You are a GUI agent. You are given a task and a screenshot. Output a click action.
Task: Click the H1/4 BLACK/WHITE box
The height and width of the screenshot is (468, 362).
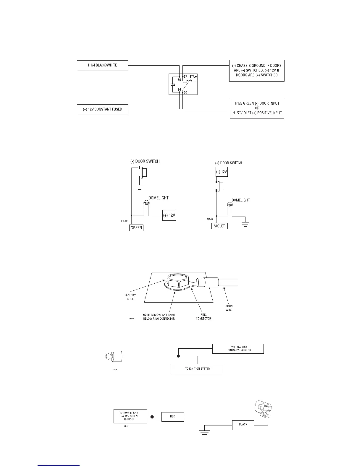pos(102,66)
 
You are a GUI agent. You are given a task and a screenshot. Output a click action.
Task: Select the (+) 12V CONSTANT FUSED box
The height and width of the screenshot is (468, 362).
pos(102,110)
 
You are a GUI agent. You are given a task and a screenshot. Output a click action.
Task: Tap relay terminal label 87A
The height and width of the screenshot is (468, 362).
pos(192,77)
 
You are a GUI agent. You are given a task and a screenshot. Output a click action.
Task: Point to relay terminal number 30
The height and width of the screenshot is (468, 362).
pos(185,92)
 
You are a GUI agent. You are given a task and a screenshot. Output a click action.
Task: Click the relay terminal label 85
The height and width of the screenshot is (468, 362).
pos(179,80)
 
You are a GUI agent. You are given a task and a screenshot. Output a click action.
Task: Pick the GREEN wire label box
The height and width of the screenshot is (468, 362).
pos(136,228)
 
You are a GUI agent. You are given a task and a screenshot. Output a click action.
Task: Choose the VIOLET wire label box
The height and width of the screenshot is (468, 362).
pos(219,226)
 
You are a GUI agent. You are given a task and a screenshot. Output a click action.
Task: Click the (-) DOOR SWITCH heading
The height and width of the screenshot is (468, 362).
pos(145,161)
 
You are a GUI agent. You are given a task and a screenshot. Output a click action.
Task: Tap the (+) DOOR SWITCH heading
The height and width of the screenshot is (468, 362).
pos(228,163)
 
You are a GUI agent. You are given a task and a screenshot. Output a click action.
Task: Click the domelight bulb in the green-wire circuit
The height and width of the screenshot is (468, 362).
pos(146,203)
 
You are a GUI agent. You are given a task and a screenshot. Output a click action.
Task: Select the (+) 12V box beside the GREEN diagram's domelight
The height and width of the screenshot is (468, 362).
pos(169,215)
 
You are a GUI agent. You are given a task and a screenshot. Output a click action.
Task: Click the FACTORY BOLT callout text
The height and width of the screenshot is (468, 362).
pos(130,297)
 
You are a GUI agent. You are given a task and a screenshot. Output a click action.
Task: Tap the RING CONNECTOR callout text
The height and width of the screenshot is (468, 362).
pos(203,316)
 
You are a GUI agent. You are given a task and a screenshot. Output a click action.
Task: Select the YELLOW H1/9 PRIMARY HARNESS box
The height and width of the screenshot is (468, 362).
pos(238,349)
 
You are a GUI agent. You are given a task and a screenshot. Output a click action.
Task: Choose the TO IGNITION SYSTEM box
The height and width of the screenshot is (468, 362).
pos(197,369)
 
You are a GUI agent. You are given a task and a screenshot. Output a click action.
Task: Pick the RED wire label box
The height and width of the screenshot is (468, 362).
pos(173,417)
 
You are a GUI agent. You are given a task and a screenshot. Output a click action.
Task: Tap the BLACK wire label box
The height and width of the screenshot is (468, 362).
pos(243,425)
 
